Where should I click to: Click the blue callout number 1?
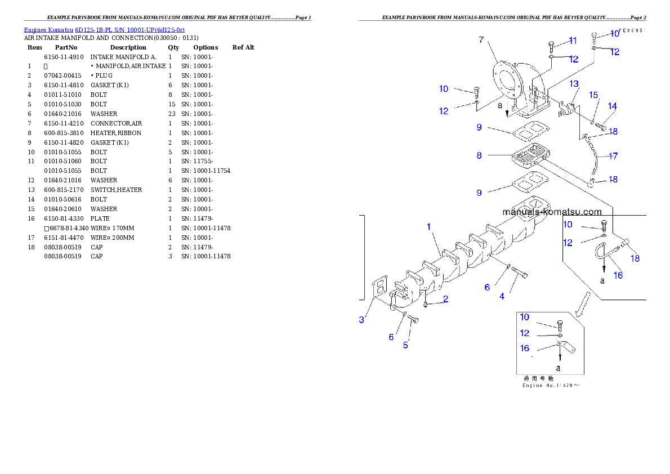[428, 227]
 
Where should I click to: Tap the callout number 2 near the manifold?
[445, 299]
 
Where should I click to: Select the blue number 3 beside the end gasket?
[361, 320]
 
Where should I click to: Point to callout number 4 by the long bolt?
[502, 296]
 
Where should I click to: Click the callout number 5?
[405, 345]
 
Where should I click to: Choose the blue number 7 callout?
[481, 39]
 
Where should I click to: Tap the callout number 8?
[479, 155]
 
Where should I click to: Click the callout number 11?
[573, 41]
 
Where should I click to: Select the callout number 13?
[574, 84]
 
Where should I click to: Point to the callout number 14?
[612, 106]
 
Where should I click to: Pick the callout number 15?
[594, 95]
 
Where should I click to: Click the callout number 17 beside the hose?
[613, 155]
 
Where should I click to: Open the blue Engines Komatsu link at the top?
[104, 30]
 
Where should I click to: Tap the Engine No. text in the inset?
[551, 386]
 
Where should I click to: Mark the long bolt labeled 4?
[520, 274]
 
